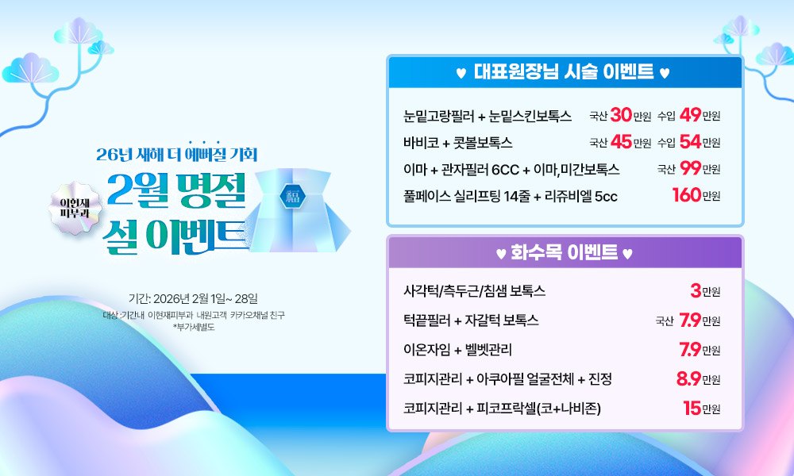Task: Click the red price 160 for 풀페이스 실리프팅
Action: pos(687,194)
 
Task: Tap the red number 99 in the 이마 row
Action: pos(691,168)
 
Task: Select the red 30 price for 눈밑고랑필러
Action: pos(621,115)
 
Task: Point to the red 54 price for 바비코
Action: pos(691,142)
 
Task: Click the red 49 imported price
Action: pos(691,115)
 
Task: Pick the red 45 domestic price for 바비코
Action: pos(622,142)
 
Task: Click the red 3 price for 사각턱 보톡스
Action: pos(696,290)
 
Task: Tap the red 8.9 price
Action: pos(688,378)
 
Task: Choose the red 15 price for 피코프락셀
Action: pos(692,408)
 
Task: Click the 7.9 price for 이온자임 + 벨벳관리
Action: pos(690,349)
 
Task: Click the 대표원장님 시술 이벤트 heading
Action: pos(564,72)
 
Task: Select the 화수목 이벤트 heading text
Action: pos(564,251)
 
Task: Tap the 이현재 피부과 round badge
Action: pos(75,208)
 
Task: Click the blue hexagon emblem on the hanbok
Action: pos(293,196)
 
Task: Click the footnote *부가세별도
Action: pos(194,328)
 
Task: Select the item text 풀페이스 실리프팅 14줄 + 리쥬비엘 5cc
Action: pos(511,196)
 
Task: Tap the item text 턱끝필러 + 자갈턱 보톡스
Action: pos(471,321)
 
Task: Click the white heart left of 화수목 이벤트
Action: pos(501,253)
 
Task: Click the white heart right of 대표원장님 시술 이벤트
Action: pos(665,73)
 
